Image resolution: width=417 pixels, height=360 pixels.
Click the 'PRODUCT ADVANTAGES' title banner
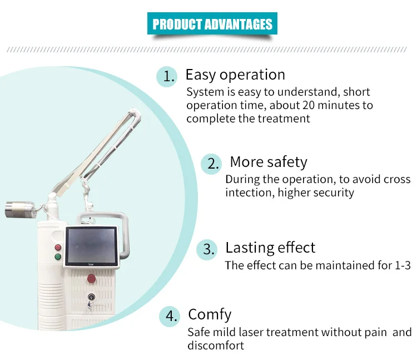coord(212,24)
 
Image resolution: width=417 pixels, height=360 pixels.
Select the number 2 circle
coord(211,164)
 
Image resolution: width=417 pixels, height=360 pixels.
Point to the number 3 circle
coord(208,249)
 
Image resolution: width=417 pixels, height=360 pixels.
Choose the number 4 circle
coord(170,317)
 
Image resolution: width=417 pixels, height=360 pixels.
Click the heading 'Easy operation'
coord(235,75)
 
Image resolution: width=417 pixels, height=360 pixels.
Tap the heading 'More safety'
coord(268,162)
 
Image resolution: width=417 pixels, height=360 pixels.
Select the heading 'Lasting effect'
coord(270,248)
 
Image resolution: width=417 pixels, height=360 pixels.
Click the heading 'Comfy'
coord(210,314)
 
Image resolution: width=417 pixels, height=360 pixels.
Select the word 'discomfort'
coord(215,346)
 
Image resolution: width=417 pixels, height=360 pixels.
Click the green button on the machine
coord(57,257)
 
